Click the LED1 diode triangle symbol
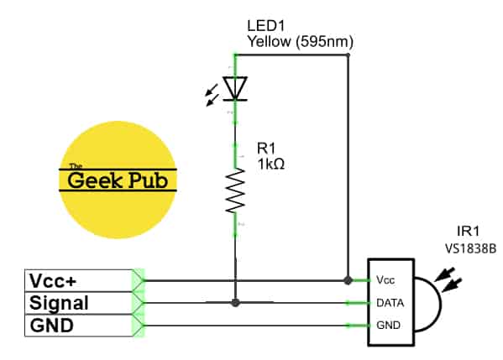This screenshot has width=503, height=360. coord(236,87)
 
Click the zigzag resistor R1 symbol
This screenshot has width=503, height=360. coord(236,190)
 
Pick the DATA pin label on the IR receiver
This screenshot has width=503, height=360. coord(390,302)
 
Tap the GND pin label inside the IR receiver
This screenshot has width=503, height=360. coord(388,325)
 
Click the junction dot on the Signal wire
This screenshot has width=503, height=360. coord(236,302)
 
